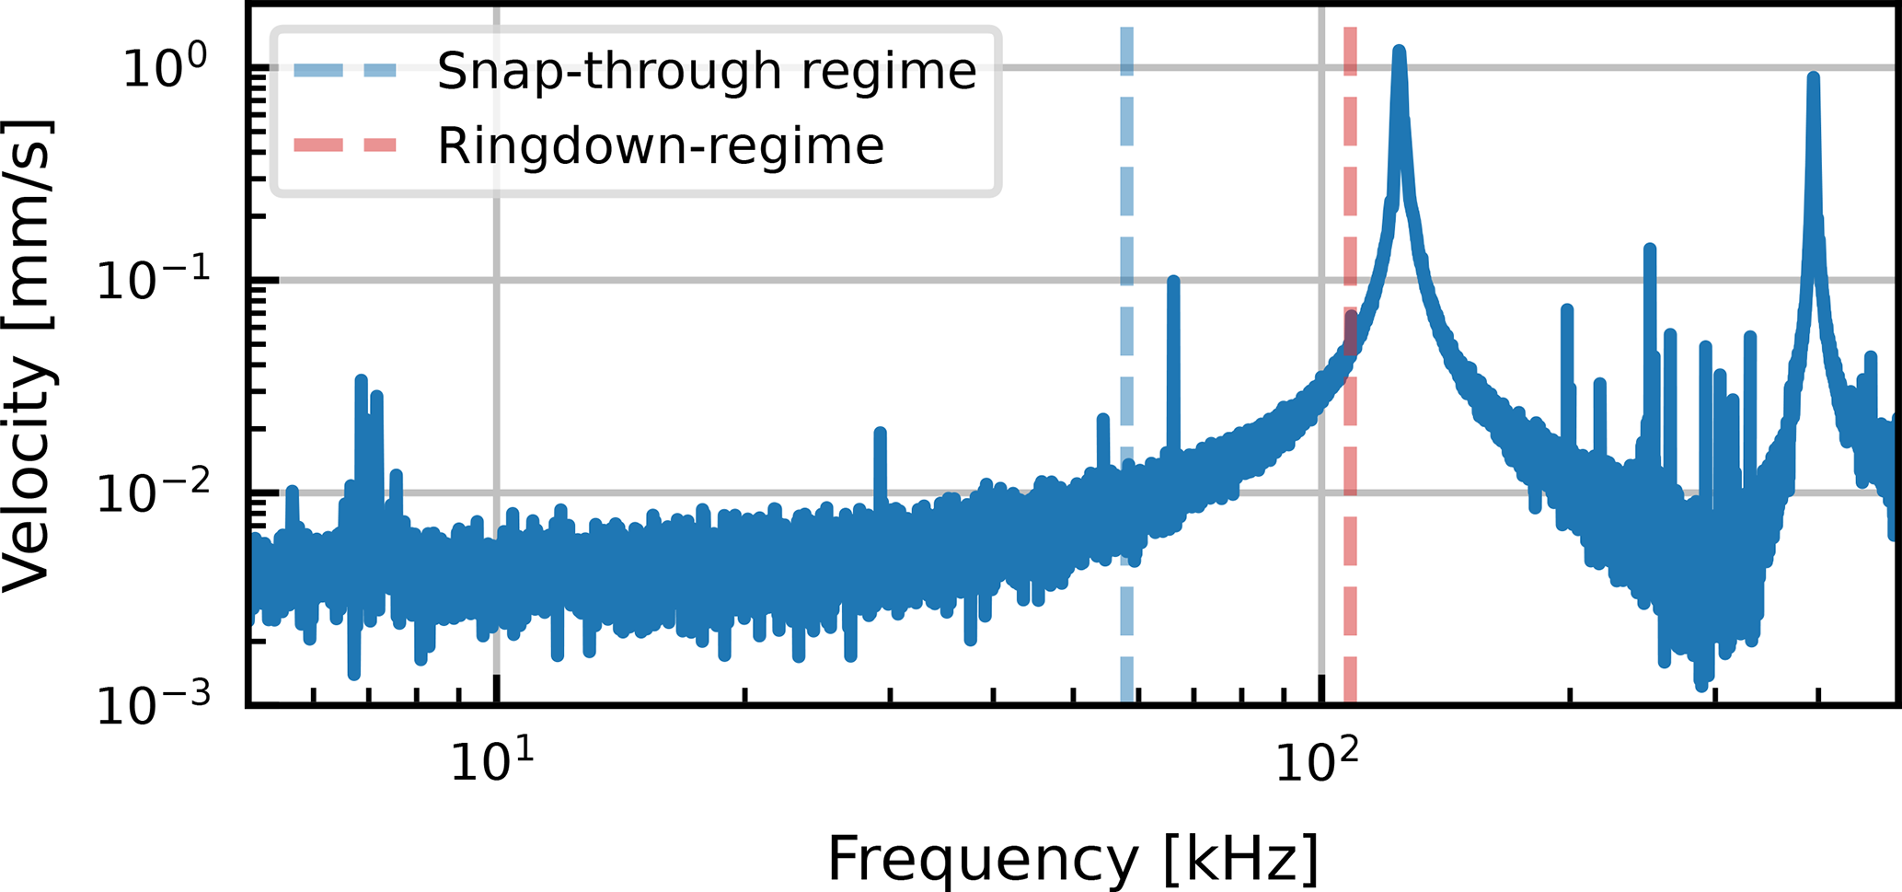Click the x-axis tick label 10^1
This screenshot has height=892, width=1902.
491,762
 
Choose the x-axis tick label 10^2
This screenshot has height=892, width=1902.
1317,762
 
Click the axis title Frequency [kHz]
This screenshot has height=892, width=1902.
1073,858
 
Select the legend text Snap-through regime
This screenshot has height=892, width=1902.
706,71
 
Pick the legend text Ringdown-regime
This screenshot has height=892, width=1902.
660,145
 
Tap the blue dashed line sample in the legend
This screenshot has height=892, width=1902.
345,71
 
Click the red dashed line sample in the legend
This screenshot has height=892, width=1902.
345,145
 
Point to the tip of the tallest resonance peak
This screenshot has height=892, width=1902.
1399,50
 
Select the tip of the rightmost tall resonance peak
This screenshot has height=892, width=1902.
1813,77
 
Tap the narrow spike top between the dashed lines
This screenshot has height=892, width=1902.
1172,279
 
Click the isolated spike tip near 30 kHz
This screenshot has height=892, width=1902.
880,432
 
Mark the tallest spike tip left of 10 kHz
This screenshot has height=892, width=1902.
361,378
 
